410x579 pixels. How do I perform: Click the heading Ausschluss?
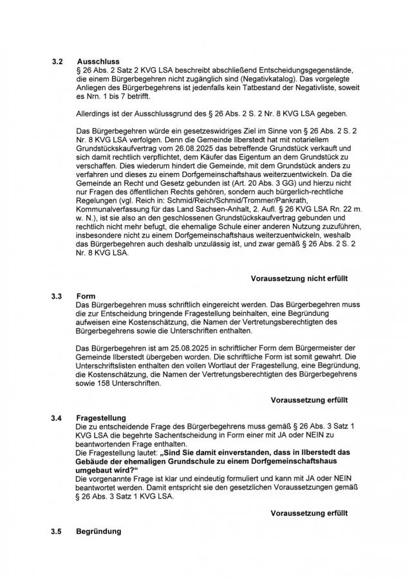[x=98, y=62]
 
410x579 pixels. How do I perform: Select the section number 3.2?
[x=57, y=62]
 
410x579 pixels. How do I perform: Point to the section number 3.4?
[x=57, y=418]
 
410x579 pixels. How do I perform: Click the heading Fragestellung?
[x=101, y=418]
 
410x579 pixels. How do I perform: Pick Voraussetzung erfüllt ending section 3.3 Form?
[x=309, y=400]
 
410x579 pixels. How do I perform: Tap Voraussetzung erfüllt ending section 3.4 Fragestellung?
[x=309, y=513]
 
